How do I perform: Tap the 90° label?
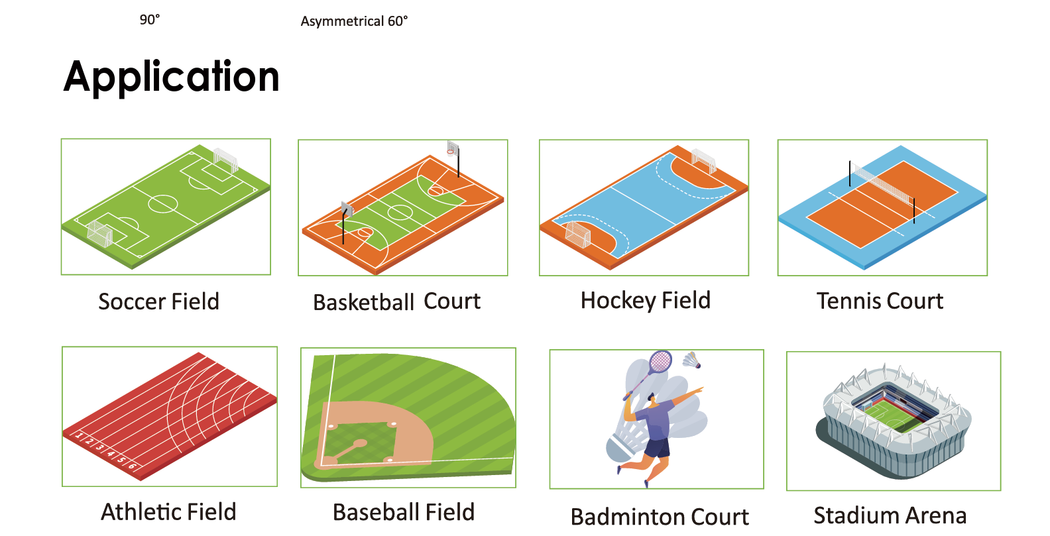coord(150,20)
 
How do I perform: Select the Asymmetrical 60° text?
coord(354,21)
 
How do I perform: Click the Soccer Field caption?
coord(159,301)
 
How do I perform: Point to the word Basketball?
coord(364,302)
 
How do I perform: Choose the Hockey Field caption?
coord(646,301)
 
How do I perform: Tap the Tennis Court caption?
coord(880,301)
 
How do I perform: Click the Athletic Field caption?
coord(168,511)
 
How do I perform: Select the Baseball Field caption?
coord(404,512)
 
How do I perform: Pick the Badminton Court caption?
coord(660,517)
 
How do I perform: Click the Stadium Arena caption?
coord(890,515)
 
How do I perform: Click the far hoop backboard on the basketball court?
coord(452,148)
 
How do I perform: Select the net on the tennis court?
coord(882,184)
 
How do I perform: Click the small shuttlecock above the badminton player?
coord(692,360)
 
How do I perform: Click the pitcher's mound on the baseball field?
coord(360,443)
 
